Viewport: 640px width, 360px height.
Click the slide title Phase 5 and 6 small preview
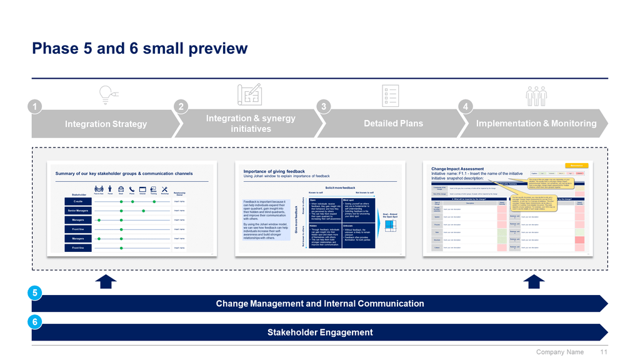139,49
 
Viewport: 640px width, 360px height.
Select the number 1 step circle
37,107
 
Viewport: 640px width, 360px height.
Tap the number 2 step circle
181,107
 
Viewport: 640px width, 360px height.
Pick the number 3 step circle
324,107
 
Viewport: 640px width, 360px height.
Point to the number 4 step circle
466,107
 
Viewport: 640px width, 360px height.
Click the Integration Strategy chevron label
106,124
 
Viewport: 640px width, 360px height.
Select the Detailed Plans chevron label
393,124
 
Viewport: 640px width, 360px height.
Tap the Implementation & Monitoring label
536,124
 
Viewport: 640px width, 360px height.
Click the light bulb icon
107,95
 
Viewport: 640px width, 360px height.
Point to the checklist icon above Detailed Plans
391,96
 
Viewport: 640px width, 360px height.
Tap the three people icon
536,96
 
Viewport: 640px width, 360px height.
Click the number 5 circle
36,292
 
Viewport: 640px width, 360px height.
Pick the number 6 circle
36,321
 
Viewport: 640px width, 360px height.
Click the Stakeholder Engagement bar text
319,332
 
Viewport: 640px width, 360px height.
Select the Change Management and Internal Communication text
319,304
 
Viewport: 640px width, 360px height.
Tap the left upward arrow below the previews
106,281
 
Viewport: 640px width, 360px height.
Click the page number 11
604,352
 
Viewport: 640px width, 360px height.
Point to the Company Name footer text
560,352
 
